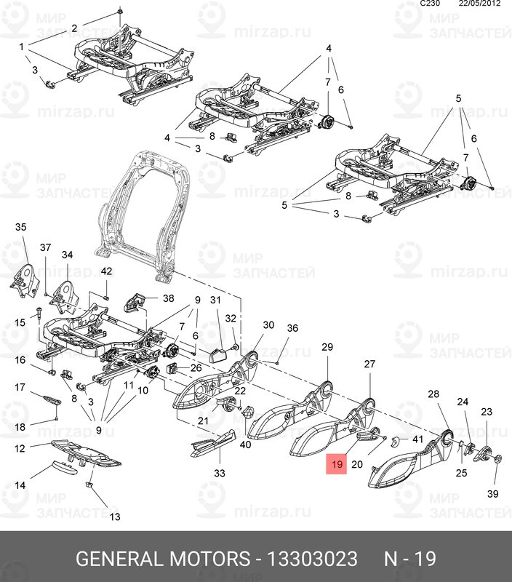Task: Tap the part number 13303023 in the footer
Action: [314, 559]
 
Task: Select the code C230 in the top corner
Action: [431, 4]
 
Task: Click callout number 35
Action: [20, 228]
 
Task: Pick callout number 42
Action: [106, 271]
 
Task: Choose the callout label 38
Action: [168, 298]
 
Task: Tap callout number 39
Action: [493, 494]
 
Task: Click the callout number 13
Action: [115, 517]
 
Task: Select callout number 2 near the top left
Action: [73, 28]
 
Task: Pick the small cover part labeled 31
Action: [218, 354]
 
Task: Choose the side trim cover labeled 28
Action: [407, 458]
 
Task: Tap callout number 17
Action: [20, 388]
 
